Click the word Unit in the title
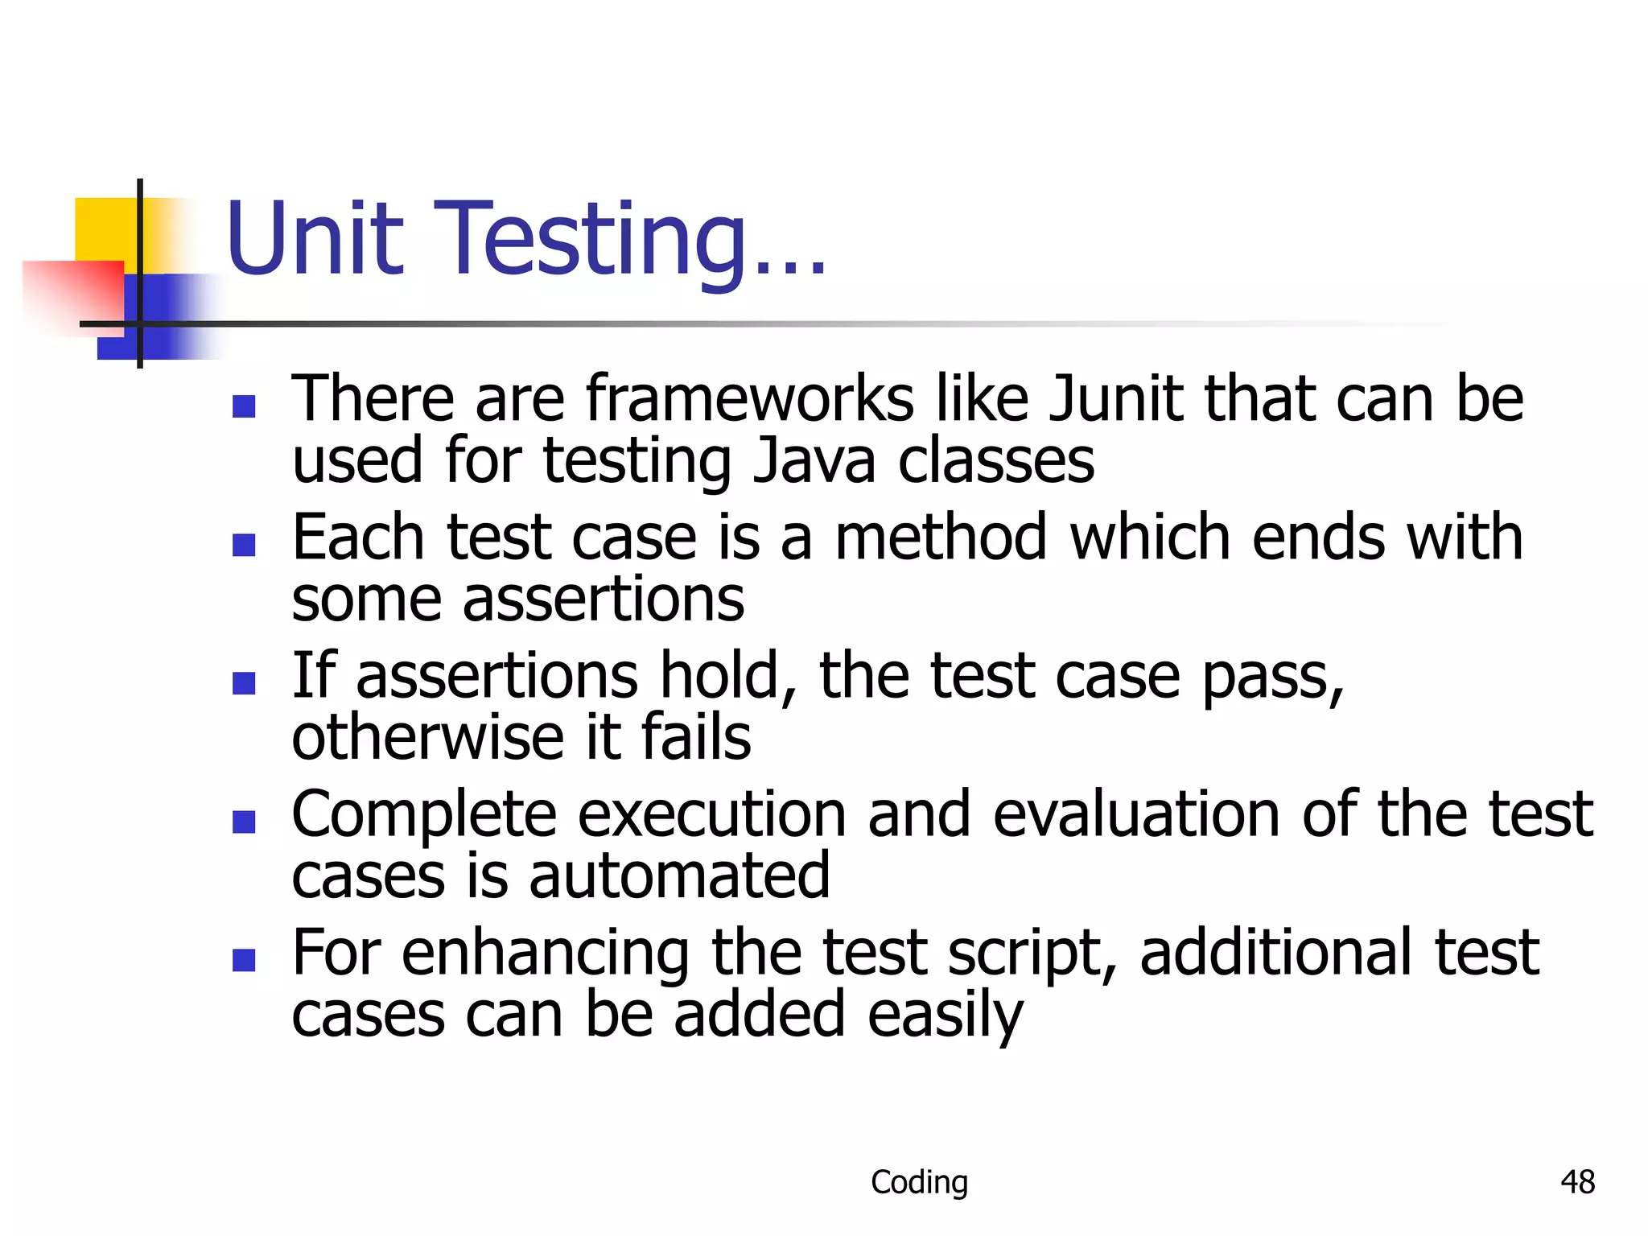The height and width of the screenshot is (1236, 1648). (x=315, y=239)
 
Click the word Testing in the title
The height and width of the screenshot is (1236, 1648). (x=591, y=241)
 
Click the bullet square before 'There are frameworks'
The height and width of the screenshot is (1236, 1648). (x=244, y=406)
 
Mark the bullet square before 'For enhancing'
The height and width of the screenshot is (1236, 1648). (x=244, y=960)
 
